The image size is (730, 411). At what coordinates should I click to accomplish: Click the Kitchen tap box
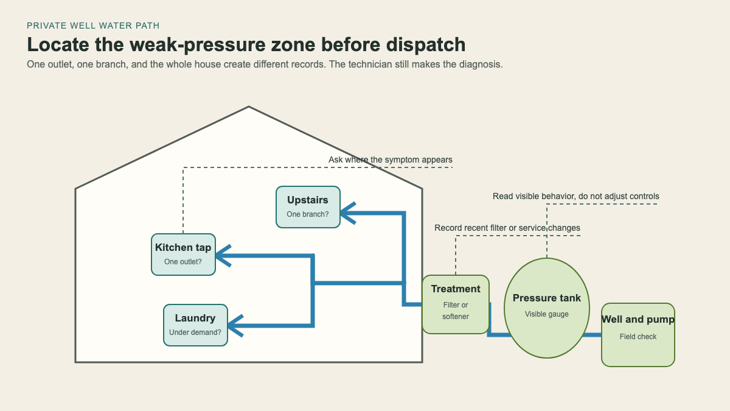tap(183, 255)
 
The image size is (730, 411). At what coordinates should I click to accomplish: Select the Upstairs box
tap(308, 207)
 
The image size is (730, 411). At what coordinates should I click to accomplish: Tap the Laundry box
tap(195, 325)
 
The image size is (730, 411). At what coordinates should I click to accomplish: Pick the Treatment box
tap(456, 304)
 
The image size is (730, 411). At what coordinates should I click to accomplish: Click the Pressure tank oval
tap(547, 308)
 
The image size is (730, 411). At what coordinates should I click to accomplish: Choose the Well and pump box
tap(638, 335)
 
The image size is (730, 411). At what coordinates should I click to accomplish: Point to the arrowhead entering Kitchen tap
tap(223, 256)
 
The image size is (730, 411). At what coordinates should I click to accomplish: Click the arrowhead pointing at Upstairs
tap(347, 213)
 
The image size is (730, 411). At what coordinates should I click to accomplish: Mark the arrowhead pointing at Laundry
tap(235, 326)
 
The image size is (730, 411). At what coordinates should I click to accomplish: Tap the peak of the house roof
tap(249, 107)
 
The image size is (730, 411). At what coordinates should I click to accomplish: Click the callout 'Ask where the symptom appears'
tap(391, 160)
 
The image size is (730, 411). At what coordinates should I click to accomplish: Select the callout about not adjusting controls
tap(576, 196)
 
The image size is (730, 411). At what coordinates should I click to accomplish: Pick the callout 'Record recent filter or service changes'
tap(507, 228)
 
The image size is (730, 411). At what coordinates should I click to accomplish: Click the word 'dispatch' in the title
tap(426, 44)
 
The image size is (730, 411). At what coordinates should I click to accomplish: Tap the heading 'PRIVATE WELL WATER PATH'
tap(93, 26)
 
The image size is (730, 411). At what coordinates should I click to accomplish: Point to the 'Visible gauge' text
tap(547, 314)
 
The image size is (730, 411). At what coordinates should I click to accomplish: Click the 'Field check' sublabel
tap(638, 337)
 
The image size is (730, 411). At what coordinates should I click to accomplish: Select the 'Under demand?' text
tap(195, 332)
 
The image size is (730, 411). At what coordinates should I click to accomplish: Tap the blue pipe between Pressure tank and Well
tap(592, 335)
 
